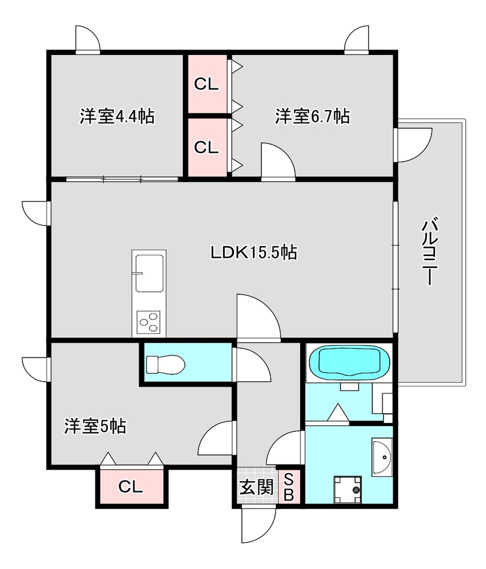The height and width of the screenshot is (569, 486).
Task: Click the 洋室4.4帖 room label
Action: [117, 116]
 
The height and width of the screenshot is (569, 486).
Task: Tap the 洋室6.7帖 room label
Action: [313, 116]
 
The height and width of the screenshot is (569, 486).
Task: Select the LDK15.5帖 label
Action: [254, 252]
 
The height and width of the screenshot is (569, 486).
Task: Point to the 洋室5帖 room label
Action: [95, 426]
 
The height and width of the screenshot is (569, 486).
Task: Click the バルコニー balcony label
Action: [430, 251]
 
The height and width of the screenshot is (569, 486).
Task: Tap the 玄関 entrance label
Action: [256, 487]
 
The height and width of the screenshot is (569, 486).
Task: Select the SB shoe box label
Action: [289, 487]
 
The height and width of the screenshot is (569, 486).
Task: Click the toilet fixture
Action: [166, 365]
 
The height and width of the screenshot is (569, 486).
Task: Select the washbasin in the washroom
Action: [382, 457]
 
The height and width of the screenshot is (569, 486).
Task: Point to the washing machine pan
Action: [348, 490]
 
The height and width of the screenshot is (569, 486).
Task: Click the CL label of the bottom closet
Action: [131, 487]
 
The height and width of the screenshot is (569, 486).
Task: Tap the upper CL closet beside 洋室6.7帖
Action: [206, 84]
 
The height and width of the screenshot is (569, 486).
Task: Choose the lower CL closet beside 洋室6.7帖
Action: [206, 147]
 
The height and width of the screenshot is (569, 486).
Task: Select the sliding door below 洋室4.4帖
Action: [122, 179]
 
